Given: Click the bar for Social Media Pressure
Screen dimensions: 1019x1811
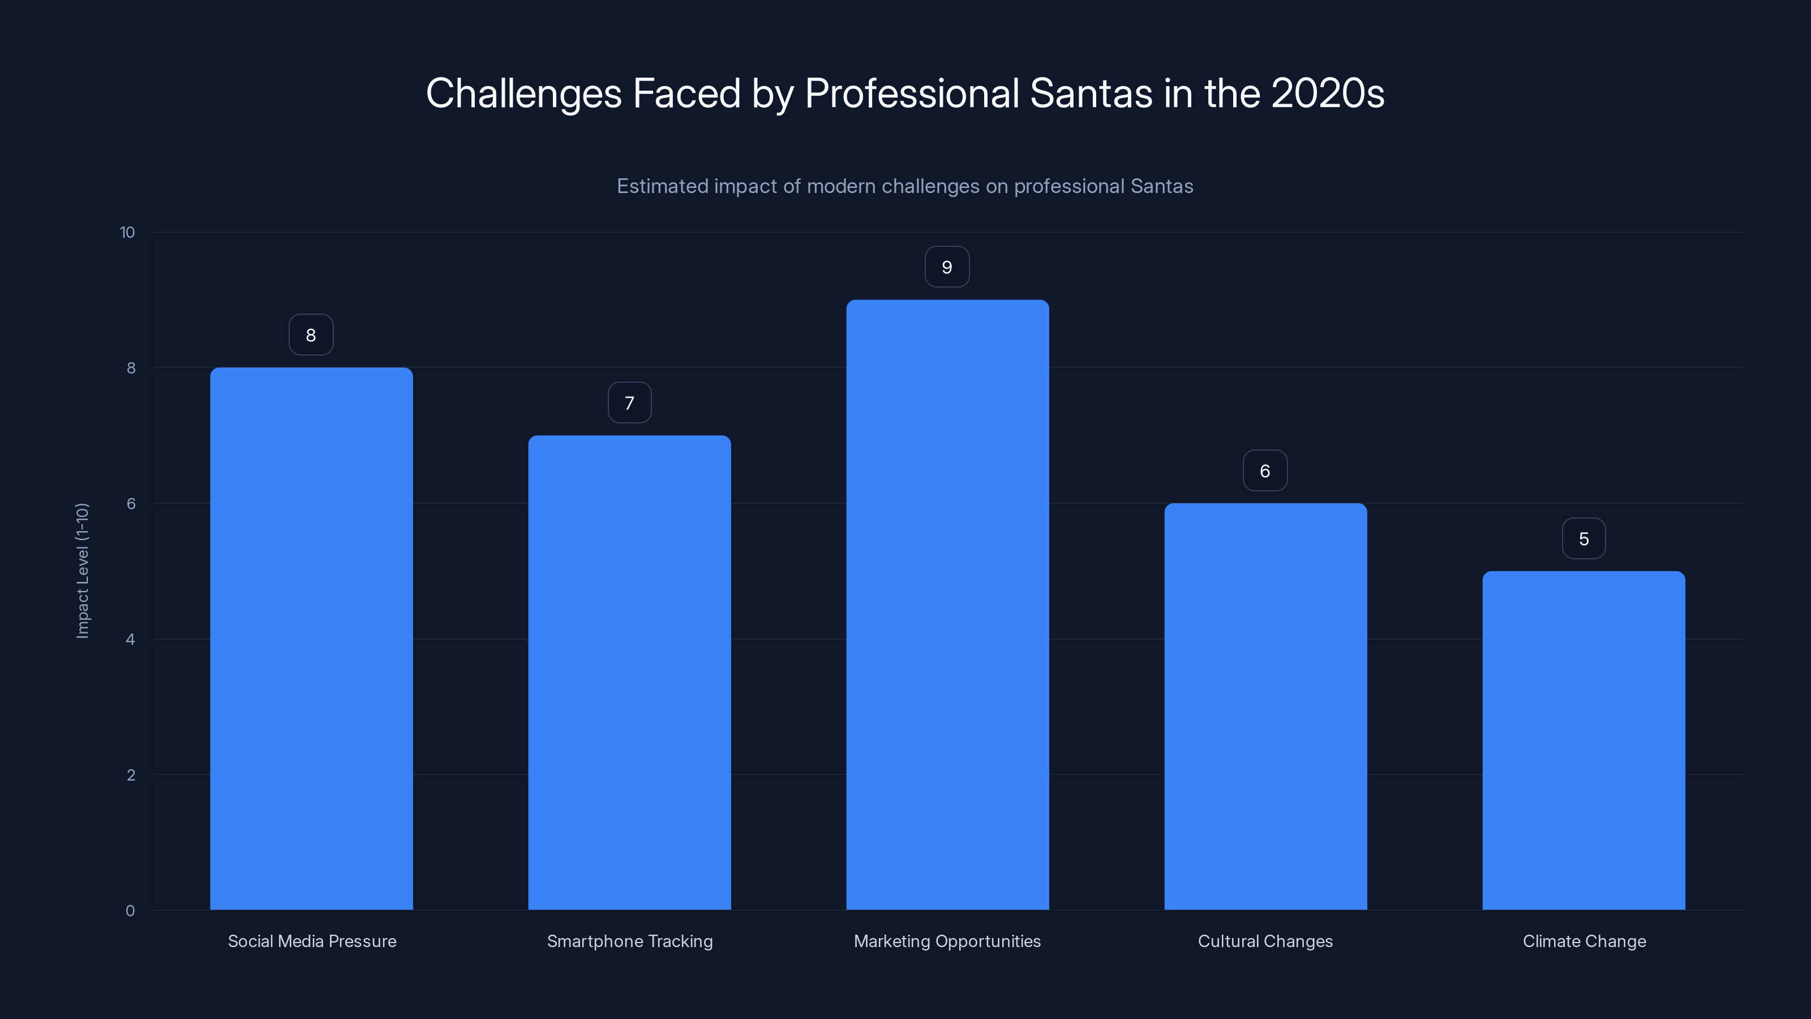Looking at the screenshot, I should (311, 639).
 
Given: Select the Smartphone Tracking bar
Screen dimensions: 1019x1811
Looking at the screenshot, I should (629, 673).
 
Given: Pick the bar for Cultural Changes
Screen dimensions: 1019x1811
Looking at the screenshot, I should (1265, 706).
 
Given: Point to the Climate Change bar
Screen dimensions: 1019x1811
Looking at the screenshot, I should (1583, 740).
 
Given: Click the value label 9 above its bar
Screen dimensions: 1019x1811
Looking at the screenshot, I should (947, 267).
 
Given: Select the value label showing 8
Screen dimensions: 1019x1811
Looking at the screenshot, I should (311, 335).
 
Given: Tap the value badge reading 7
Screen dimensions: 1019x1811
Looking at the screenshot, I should (629, 403).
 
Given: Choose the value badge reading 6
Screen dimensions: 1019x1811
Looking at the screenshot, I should (1265, 470).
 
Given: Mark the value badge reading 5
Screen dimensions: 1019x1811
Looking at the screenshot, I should (1583, 539).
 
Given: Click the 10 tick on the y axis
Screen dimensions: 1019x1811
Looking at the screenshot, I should (127, 233).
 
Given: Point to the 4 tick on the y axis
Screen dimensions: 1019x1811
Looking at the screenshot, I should (130, 639).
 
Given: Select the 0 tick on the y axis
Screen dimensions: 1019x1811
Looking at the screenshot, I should (130, 911).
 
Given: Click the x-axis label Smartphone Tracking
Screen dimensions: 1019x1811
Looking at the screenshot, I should (629, 941).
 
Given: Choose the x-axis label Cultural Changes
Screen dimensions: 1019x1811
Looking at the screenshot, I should (1265, 941).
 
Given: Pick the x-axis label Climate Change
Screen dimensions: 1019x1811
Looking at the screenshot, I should (1584, 941).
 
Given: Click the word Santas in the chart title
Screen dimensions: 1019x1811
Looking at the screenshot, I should (1091, 93).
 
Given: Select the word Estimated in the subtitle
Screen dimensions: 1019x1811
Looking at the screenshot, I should (662, 186).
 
